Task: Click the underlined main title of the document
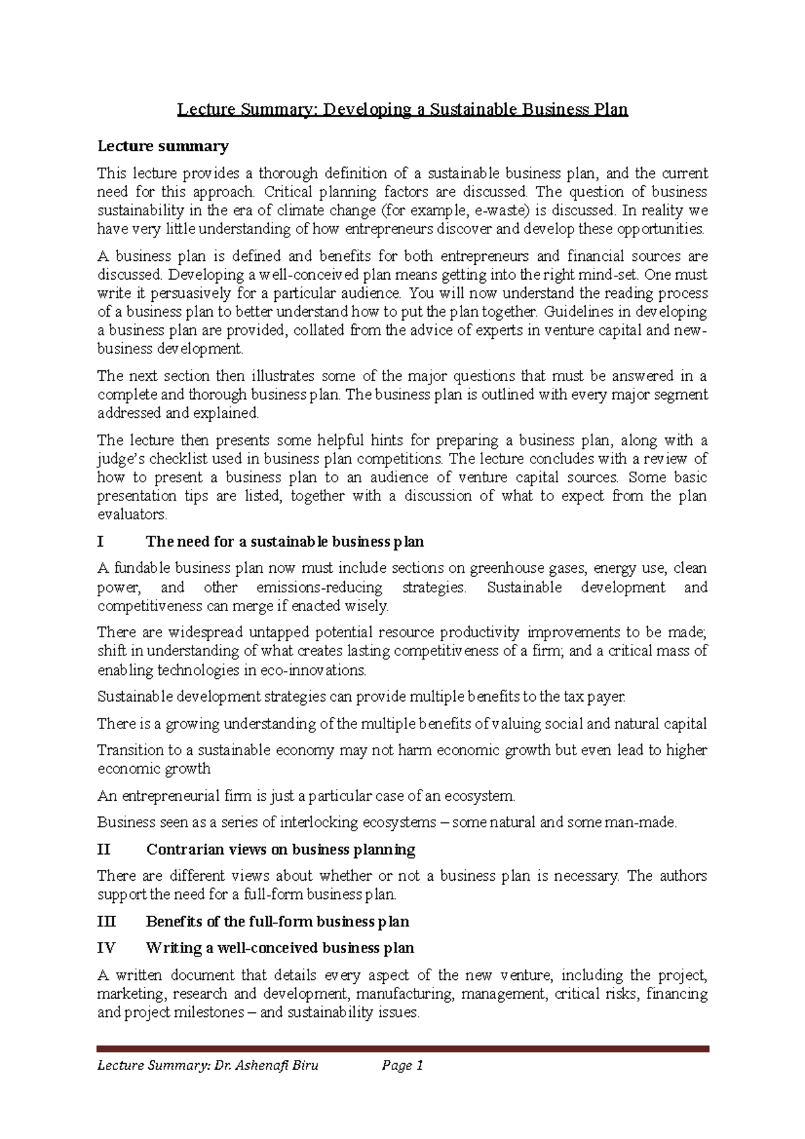click(402, 109)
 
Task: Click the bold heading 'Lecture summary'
click(163, 146)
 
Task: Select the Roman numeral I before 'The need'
click(101, 541)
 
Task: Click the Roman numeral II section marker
click(103, 850)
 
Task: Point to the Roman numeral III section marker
click(106, 922)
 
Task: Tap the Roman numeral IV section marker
click(106, 948)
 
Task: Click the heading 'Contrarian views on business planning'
click(280, 850)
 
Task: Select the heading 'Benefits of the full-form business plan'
click(277, 922)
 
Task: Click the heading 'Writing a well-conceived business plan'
click(280, 948)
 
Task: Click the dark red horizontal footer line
click(402, 1049)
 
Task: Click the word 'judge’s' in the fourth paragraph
click(120, 459)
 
